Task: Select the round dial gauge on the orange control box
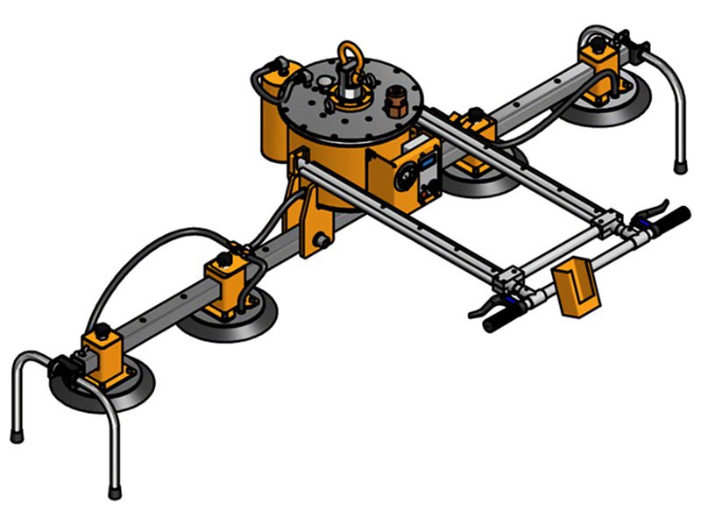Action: (406, 178)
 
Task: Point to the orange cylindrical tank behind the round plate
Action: (273, 114)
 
